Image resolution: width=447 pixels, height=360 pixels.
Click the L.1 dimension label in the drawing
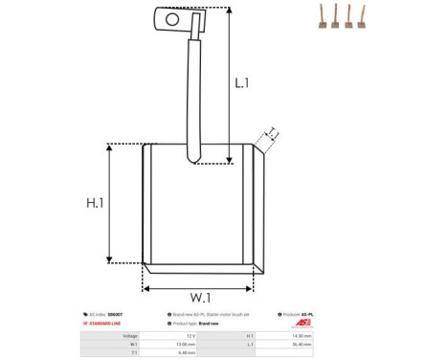(x=242, y=83)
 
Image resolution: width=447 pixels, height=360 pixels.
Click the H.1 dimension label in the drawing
(x=95, y=203)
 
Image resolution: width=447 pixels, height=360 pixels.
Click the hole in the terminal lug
(x=172, y=17)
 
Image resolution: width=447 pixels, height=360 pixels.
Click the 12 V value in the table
(x=190, y=336)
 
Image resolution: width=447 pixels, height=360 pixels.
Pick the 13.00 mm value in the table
(x=186, y=345)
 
